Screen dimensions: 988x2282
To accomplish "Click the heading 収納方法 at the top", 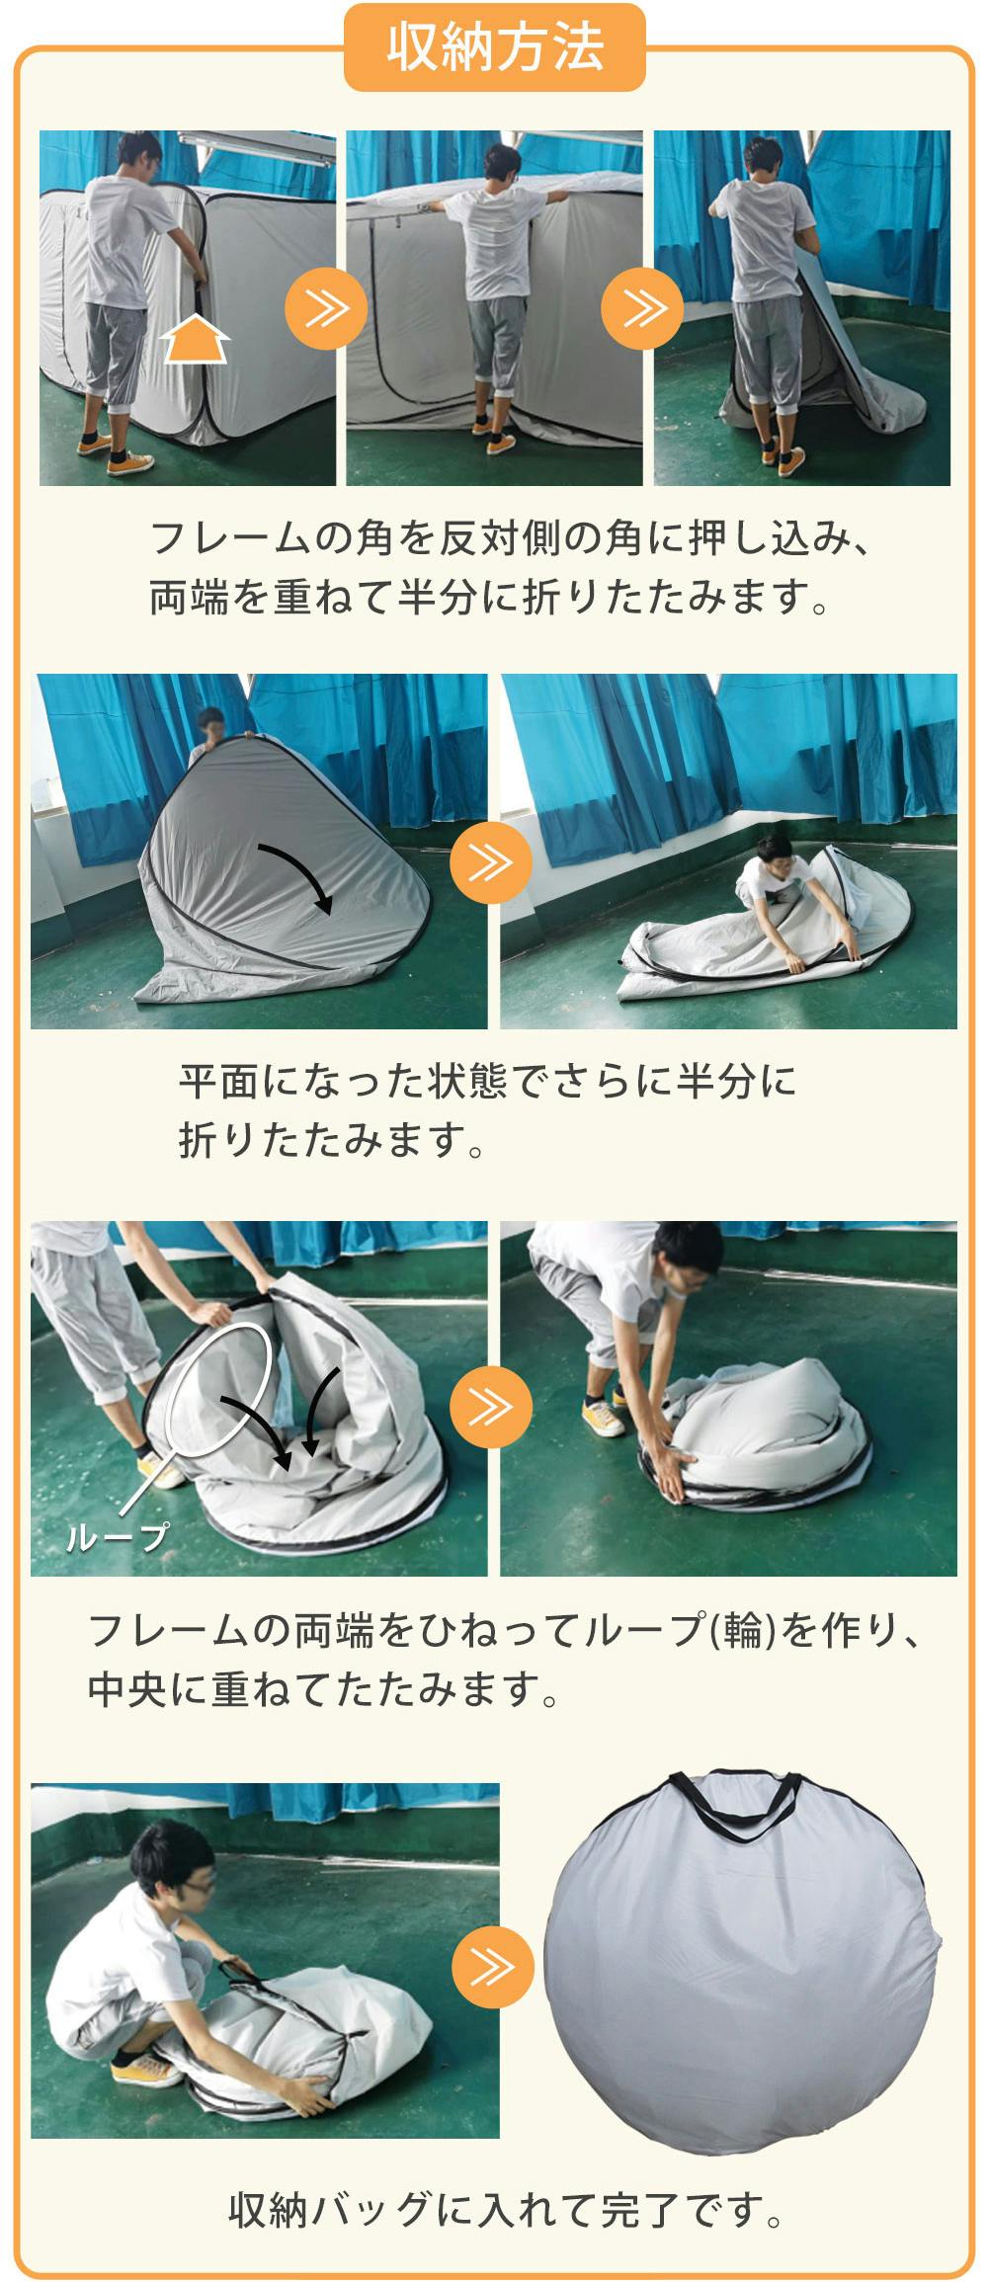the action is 494,48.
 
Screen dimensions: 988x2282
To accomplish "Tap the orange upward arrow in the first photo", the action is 196,340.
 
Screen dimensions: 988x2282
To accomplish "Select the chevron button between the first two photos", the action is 326,309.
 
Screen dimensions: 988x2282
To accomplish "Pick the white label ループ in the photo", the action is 116,1537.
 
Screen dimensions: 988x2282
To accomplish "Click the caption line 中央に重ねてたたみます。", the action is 324,1689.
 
